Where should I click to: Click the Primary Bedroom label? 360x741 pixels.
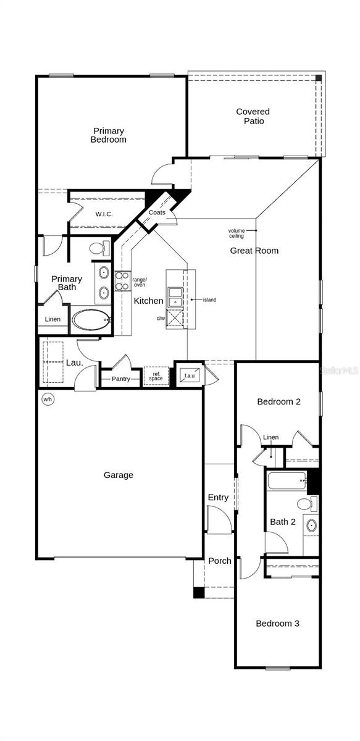point(109,135)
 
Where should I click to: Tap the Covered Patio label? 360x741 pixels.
point(253,116)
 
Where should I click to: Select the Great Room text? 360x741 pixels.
point(254,251)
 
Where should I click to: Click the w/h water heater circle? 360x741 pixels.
point(48,400)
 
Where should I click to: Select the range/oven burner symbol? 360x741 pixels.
point(122,282)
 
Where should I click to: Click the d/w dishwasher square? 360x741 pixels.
point(175,319)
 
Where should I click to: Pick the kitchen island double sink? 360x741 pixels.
point(175,296)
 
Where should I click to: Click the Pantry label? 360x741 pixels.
point(121,379)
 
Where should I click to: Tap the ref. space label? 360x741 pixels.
point(156,376)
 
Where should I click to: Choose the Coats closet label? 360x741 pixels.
point(157,212)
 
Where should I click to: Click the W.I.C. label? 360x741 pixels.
point(104,214)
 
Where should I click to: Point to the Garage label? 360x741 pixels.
point(118,475)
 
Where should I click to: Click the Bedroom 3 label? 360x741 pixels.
point(277,624)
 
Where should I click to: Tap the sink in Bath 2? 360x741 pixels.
point(311,526)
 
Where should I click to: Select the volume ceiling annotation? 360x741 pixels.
point(237,233)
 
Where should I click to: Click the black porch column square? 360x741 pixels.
point(198,592)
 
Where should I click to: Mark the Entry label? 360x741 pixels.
point(218,497)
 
